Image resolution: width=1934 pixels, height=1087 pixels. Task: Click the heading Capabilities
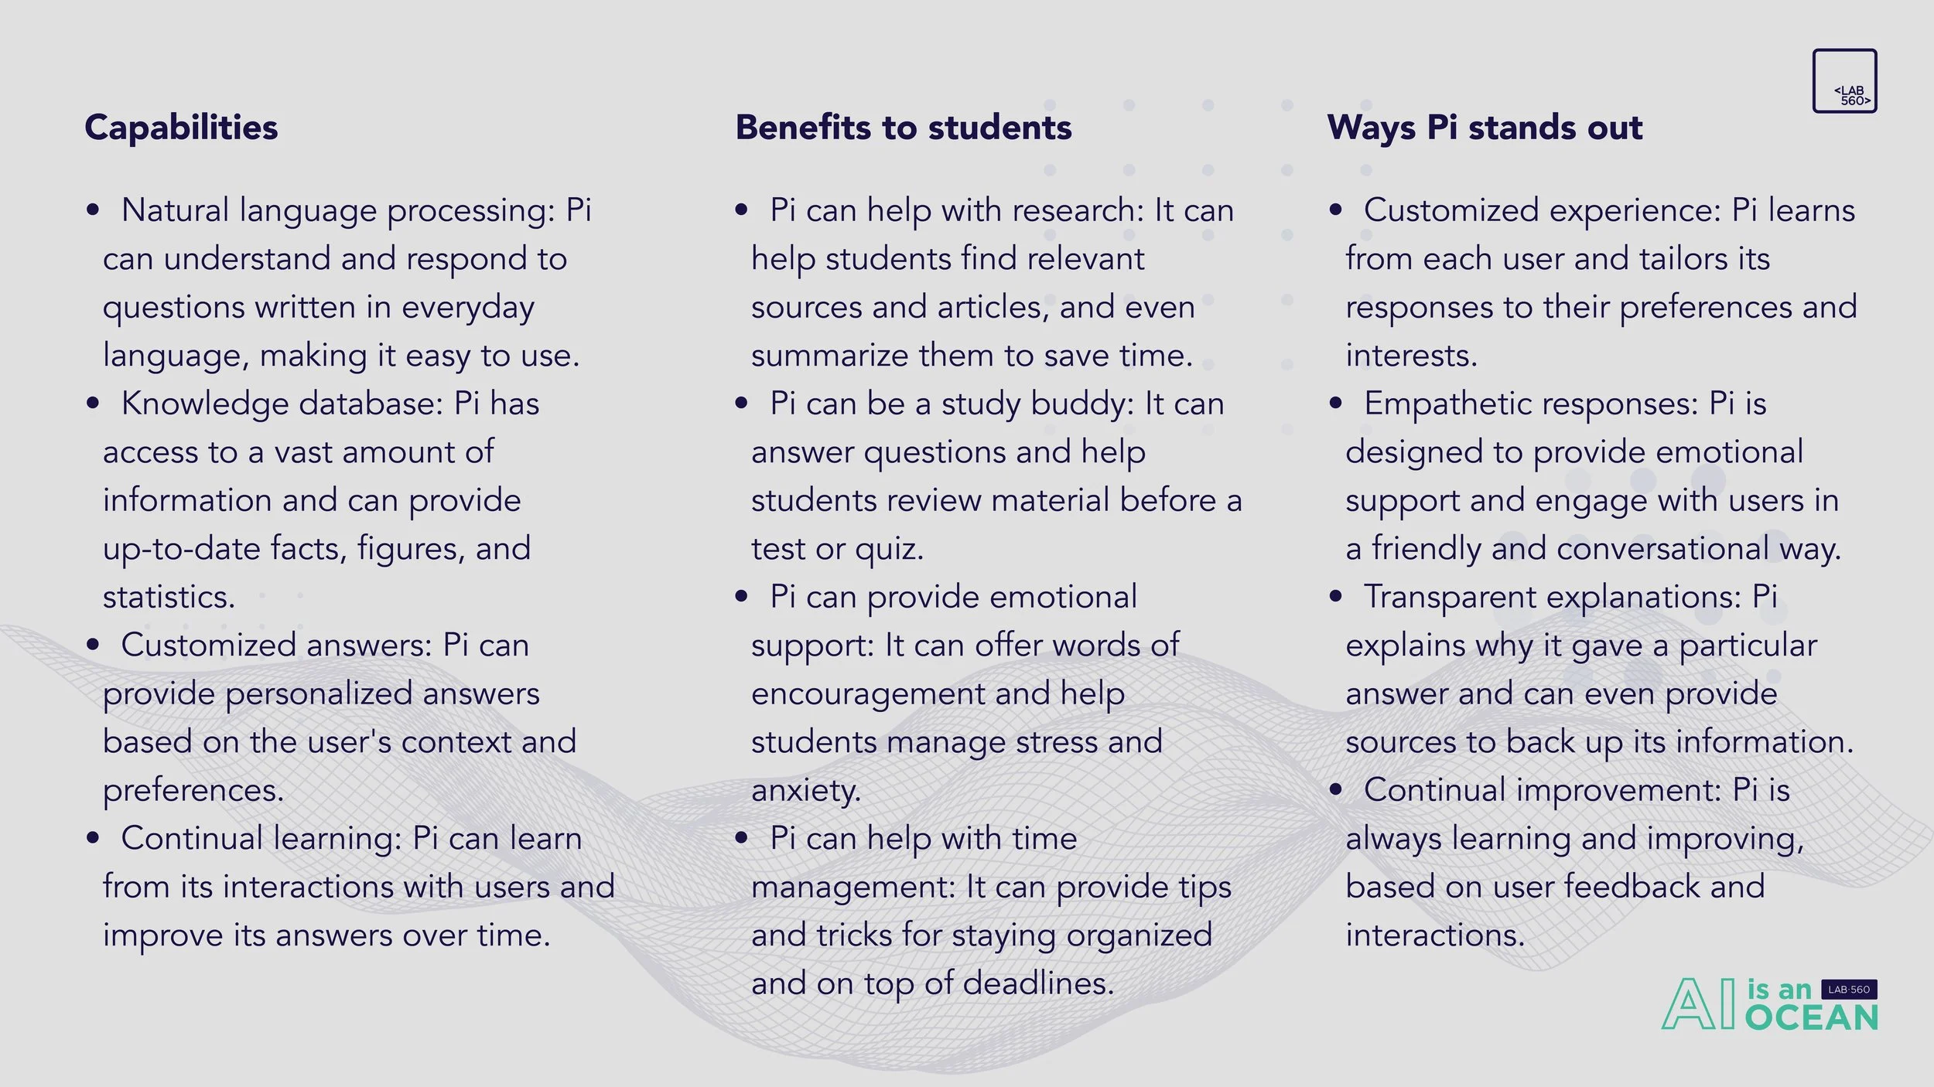click(181, 128)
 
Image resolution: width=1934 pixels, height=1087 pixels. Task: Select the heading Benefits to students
click(904, 128)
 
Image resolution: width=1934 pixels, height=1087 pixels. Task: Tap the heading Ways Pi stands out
click(1485, 128)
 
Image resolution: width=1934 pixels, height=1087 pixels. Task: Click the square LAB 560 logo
click(1844, 81)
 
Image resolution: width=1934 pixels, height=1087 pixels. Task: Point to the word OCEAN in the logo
click(1812, 1018)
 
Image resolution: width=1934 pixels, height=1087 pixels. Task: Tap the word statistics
click(169, 597)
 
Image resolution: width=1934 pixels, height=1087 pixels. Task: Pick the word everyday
click(467, 308)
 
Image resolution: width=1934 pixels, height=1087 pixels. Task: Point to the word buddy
click(1082, 404)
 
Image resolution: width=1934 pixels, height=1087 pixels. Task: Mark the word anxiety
click(805, 790)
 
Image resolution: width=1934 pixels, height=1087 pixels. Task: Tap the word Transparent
click(1454, 597)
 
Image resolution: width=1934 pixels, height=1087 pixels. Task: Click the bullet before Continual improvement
click(1335, 790)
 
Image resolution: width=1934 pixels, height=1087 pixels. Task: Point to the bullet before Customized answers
click(94, 645)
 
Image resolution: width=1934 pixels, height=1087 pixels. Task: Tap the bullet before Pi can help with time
click(741, 838)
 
